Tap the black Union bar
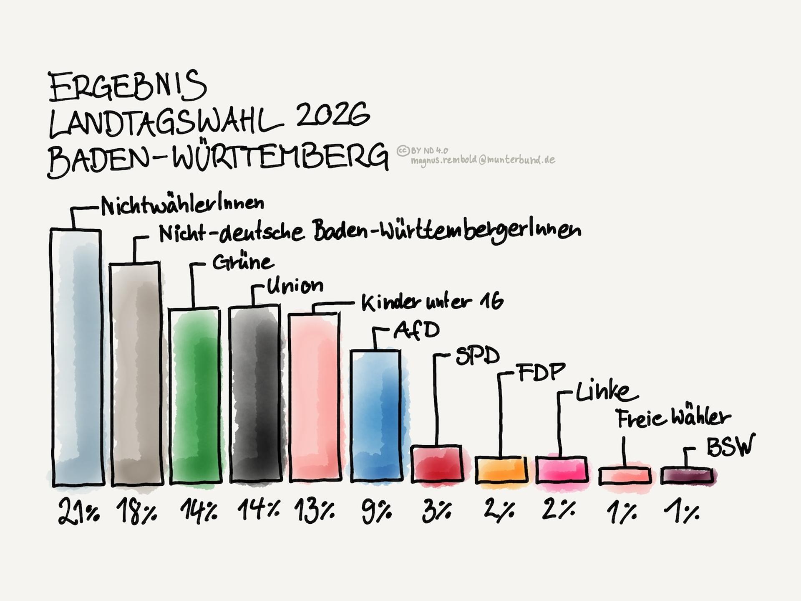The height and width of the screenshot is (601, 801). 254,394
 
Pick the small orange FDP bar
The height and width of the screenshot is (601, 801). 501,470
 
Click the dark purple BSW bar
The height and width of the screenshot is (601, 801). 687,476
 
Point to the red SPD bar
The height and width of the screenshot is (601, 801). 437,464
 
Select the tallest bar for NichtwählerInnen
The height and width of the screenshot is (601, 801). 77,357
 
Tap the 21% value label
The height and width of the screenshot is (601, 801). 79,512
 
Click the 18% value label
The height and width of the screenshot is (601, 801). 136,512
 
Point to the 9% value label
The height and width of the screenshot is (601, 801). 376,512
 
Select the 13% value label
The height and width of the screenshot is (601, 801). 314,512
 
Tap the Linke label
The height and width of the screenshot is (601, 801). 606,392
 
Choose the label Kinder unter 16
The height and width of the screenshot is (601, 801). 432,302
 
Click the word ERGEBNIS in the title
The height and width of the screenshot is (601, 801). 128,87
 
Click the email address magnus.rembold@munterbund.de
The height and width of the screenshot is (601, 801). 483,160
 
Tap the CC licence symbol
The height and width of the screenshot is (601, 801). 403,150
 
